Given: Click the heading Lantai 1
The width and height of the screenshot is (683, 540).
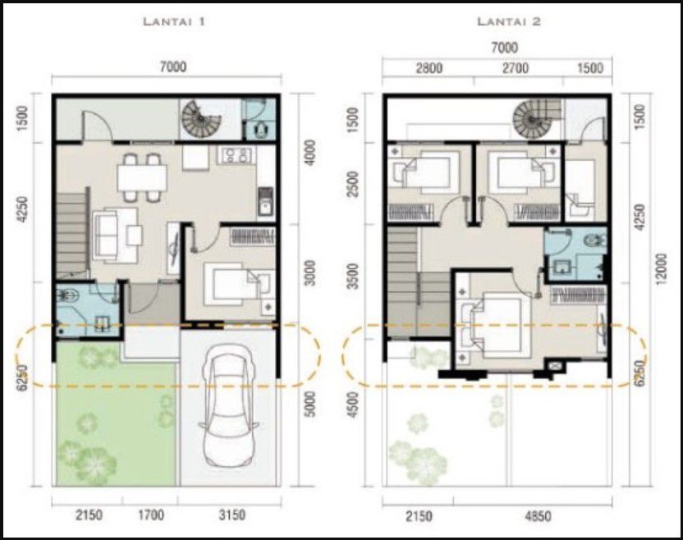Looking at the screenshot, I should pyautogui.click(x=173, y=22).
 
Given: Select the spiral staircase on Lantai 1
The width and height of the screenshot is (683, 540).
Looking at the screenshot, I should pyautogui.click(x=202, y=119).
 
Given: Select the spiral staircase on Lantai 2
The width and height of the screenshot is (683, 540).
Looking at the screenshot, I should pyautogui.click(x=535, y=119).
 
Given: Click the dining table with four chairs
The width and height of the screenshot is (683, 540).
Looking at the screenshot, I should pyautogui.click(x=142, y=176).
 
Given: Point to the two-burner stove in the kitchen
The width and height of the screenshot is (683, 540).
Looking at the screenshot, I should pyautogui.click(x=237, y=153).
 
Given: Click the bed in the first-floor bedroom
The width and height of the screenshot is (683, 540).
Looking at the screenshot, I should pyautogui.click(x=236, y=284).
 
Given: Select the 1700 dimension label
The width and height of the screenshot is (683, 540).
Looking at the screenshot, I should pyautogui.click(x=151, y=515).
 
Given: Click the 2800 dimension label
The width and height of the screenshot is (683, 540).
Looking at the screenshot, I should pyautogui.click(x=429, y=68).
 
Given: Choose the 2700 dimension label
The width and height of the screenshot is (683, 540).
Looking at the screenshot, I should pyautogui.click(x=515, y=68).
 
